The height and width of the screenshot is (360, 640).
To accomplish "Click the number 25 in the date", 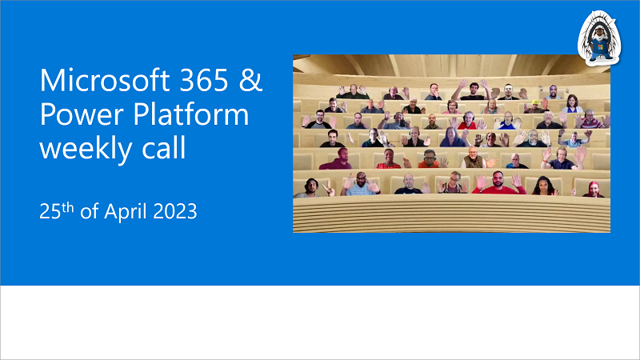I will pyautogui.click(x=50, y=214).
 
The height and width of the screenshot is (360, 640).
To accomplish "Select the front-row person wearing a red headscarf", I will pyautogui.click(x=594, y=189).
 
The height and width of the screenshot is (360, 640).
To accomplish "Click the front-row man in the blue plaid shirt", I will pyautogui.click(x=362, y=185).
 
